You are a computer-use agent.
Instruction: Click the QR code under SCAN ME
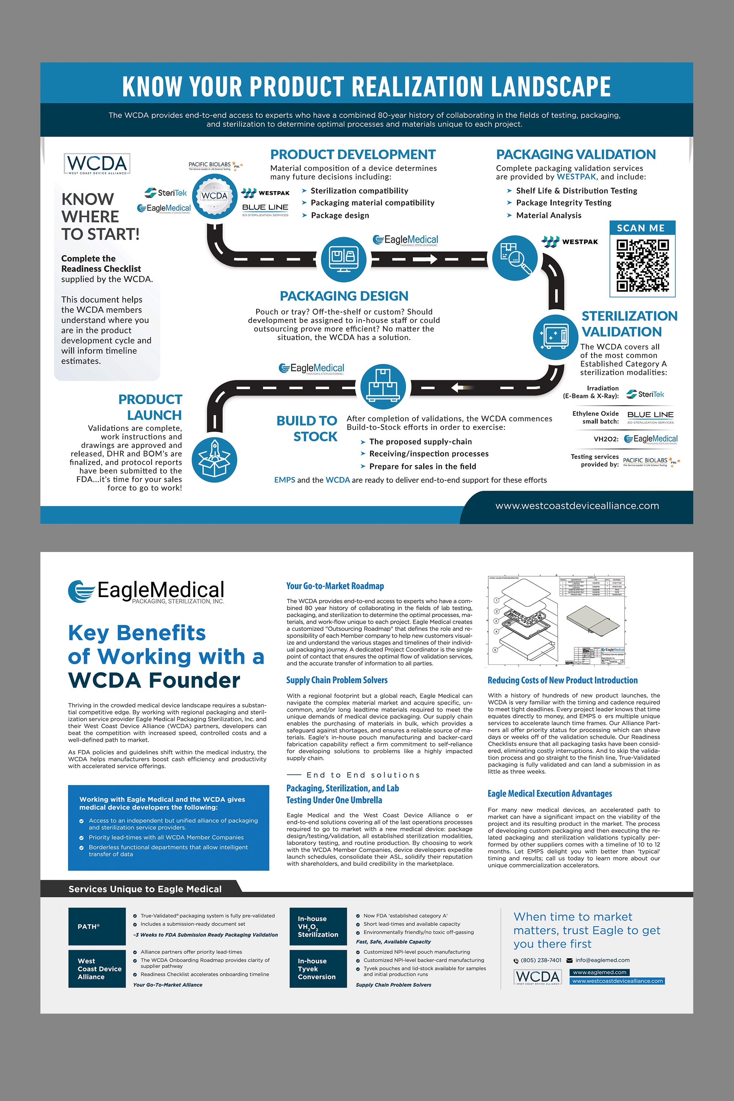coord(642,265)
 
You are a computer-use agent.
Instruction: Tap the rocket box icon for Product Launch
coord(214,460)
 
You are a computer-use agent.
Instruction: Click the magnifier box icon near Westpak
coord(515,258)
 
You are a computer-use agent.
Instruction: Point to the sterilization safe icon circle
coord(555,337)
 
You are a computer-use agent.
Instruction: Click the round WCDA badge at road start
coord(215,196)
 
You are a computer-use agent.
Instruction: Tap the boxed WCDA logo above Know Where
coord(97,164)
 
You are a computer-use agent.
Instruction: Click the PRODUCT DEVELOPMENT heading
coord(353,155)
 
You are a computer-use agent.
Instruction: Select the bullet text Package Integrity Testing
coord(564,203)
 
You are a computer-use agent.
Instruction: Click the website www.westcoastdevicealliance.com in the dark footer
coord(577,506)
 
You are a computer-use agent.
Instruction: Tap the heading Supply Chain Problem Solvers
coord(337,680)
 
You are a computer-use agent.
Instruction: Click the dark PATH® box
coord(97,926)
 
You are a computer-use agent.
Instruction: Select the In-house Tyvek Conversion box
coord(318,969)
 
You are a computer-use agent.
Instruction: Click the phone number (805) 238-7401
coord(541,960)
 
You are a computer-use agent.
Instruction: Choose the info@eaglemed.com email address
coord(603,960)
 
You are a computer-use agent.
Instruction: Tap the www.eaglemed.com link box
coord(599,972)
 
